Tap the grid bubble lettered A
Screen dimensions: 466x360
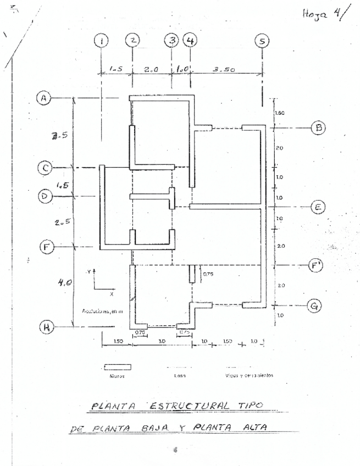click(x=43, y=98)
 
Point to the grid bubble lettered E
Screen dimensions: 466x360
click(x=317, y=207)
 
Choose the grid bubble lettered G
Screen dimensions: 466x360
click(x=315, y=306)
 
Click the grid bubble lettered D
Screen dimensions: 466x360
click(x=45, y=196)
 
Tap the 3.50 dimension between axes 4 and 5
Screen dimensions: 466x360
click(x=224, y=69)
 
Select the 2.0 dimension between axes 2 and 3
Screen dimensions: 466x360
click(x=151, y=70)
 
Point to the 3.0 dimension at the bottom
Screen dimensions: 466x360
click(x=163, y=341)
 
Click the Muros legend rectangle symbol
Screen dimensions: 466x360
click(x=118, y=367)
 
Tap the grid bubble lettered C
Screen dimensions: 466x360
click(x=45, y=168)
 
